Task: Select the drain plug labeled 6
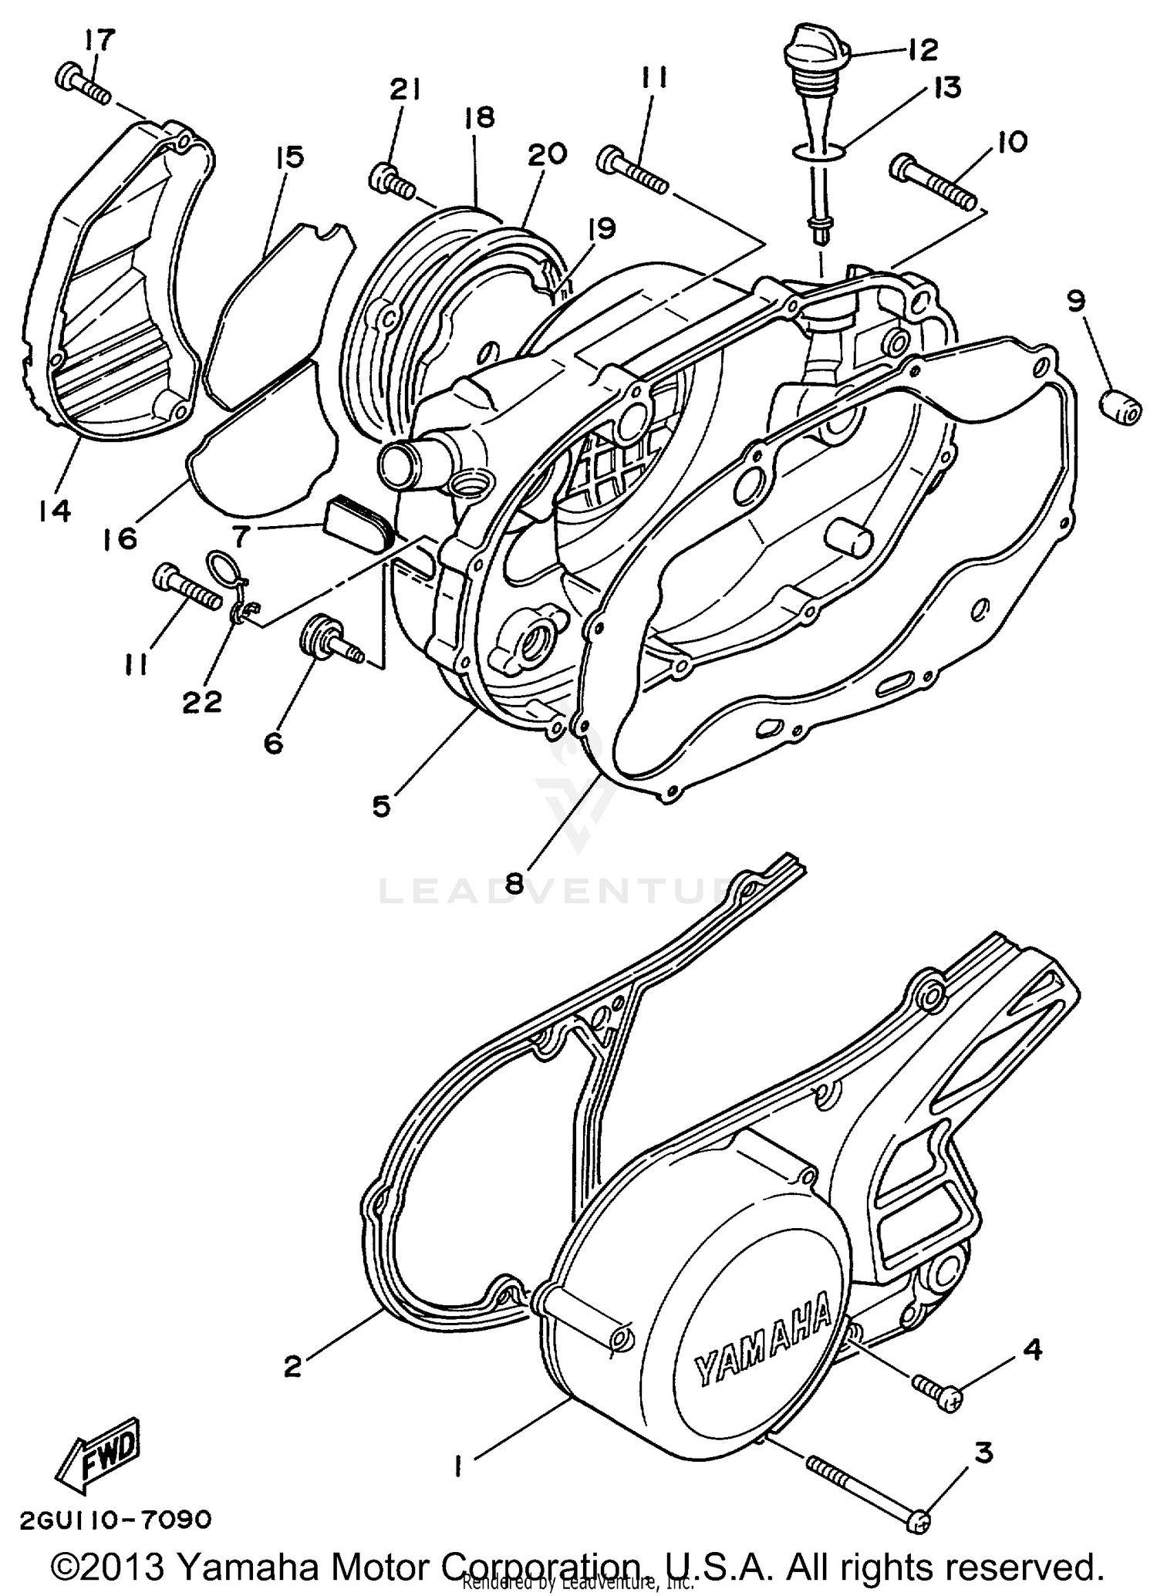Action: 329,638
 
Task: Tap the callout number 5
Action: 382,805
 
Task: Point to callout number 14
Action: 55,511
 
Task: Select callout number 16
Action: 121,537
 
